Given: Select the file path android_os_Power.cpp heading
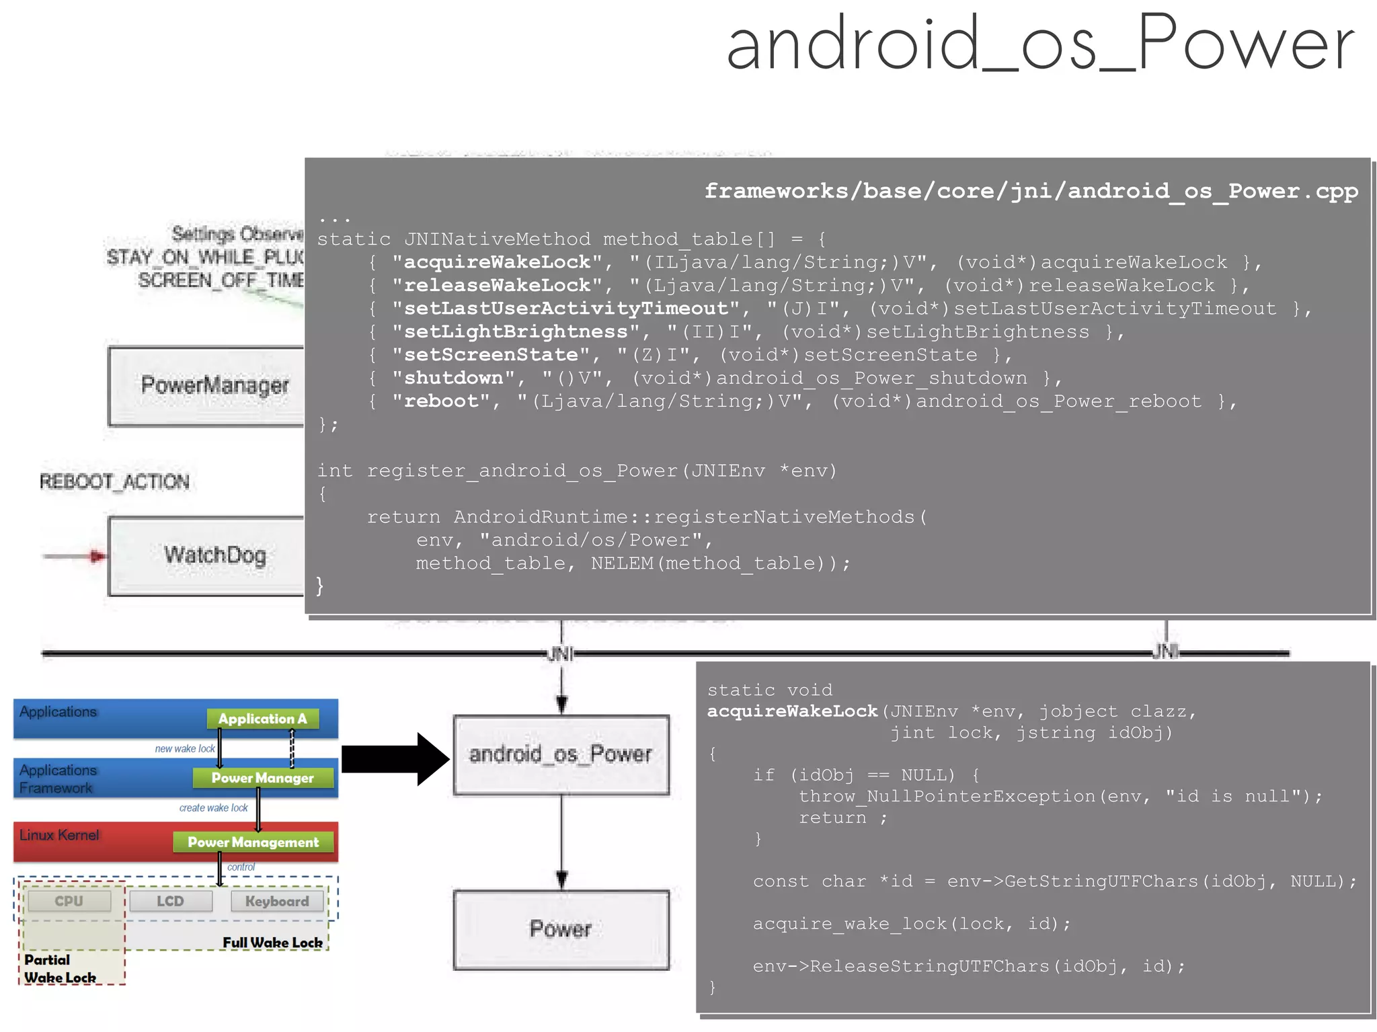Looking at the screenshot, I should pyautogui.click(x=1030, y=192).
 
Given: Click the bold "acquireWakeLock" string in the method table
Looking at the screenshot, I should pyautogui.click(x=497, y=262).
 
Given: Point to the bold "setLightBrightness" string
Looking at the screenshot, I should pyautogui.click(x=516, y=332).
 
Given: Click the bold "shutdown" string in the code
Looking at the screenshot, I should pyautogui.click(x=453, y=379).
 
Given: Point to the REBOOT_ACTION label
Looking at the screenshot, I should pyautogui.click(x=114, y=482).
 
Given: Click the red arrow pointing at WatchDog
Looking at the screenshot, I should pyautogui.click(x=74, y=556).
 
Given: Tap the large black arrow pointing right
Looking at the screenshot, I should pyautogui.click(x=394, y=759).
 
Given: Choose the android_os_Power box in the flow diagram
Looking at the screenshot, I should pyautogui.click(x=561, y=755).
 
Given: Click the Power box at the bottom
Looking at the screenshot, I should pyautogui.click(x=561, y=930).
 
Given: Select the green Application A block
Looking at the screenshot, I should pyautogui.click(x=262, y=719).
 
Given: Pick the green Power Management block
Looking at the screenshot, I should pyautogui.click(x=253, y=842).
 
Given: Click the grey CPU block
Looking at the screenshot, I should pyautogui.click(x=69, y=901).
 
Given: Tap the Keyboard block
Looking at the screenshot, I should pyautogui.click(x=277, y=902).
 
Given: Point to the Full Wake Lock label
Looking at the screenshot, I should pyautogui.click(x=272, y=943).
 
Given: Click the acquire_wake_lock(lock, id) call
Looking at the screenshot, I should pyautogui.click(x=911, y=924).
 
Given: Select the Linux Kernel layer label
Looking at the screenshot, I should pyautogui.click(x=59, y=835).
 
